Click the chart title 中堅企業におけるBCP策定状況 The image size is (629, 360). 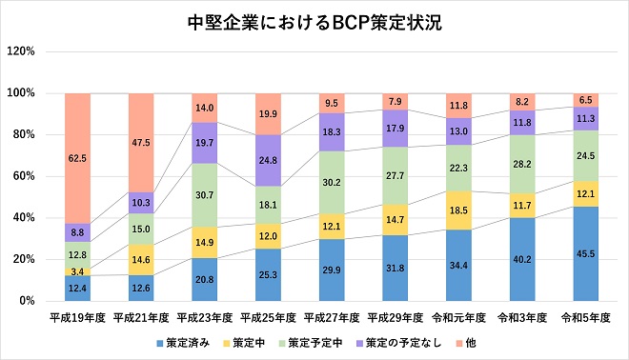pos(314,22)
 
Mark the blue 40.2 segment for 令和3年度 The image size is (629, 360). pos(522,259)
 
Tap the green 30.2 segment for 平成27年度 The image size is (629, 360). pos(332,181)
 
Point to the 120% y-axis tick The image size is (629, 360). pos(21,51)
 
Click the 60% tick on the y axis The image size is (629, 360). pos(24,176)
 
